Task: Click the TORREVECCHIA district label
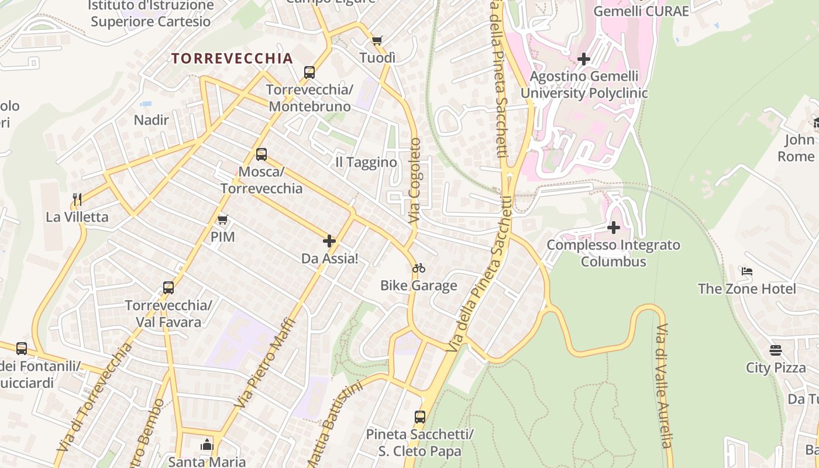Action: pyautogui.click(x=232, y=58)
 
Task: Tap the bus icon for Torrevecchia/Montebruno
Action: pyautogui.click(x=309, y=73)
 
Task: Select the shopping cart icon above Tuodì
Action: pyautogui.click(x=377, y=41)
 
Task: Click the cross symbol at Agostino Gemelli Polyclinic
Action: pyautogui.click(x=583, y=59)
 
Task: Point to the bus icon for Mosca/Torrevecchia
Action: pyautogui.click(x=261, y=154)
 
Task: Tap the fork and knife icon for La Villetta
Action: pyautogui.click(x=77, y=199)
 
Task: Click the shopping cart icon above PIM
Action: pyautogui.click(x=222, y=220)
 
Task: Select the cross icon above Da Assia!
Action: pyautogui.click(x=329, y=241)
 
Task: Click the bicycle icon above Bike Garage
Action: pyautogui.click(x=419, y=269)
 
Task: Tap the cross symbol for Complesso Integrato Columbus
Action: pyautogui.click(x=614, y=227)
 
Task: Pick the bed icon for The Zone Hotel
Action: pyautogui.click(x=747, y=271)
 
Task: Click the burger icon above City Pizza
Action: pyautogui.click(x=776, y=350)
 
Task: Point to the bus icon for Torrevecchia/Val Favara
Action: pyautogui.click(x=168, y=288)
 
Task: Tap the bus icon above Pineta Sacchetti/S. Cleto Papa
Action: pyautogui.click(x=420, y=417)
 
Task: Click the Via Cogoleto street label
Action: pyautogui.click(x=415, y=180)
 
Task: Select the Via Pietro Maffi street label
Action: pyautogui.click(x=265, y=363)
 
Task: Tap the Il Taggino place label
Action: pyautogui.click(x=366, y=162)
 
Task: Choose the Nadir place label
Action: pyautogui.click(x=152, y=120)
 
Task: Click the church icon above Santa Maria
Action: pyautogui.click(x=207, y=445)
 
